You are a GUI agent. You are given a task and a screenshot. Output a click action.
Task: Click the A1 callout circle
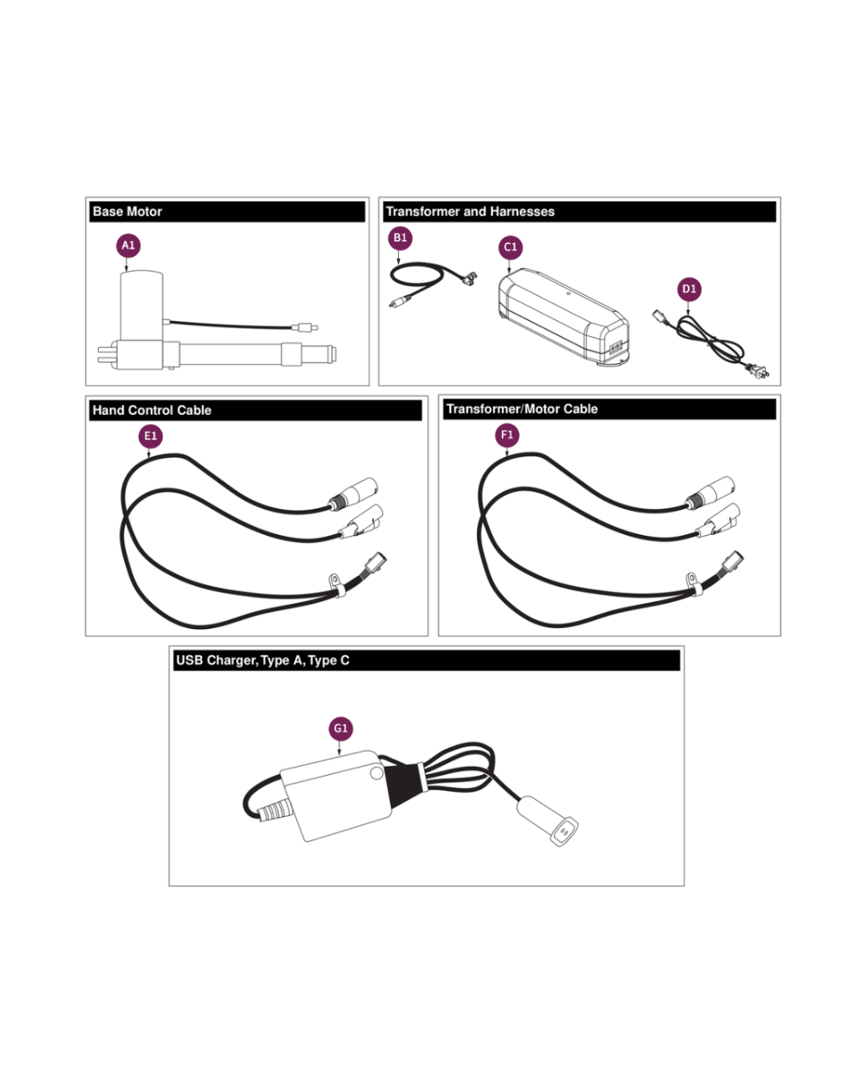click(128, 245)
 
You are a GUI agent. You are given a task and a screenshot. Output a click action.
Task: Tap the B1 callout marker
click(400, 238)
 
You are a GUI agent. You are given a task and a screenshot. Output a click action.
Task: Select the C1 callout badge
click(511, 247)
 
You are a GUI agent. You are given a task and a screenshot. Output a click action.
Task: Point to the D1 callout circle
click(689, 289)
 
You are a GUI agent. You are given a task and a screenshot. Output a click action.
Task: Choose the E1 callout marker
click(151, 436)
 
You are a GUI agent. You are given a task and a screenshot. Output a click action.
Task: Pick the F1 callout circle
click(507, 435)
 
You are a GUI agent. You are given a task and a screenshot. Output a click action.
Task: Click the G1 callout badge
click(340, 728)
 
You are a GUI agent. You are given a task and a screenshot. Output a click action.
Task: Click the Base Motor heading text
click(128, 212)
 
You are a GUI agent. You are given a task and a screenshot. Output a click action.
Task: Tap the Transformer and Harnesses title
click(470, 212)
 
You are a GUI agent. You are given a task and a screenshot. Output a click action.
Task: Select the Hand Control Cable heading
click(152, 410)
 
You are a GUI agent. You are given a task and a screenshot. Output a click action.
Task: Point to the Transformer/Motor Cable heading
click(522, 408)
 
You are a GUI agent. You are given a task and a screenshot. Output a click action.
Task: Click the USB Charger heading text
click(263, 660)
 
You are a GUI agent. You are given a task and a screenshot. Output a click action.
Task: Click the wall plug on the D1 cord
click(757, 372)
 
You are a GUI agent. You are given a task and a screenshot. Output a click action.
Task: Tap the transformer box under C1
click(564, 316)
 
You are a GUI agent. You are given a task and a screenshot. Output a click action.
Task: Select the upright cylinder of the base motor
click(141, 306)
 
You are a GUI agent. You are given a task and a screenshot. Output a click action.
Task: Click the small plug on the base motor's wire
click(304, 327)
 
